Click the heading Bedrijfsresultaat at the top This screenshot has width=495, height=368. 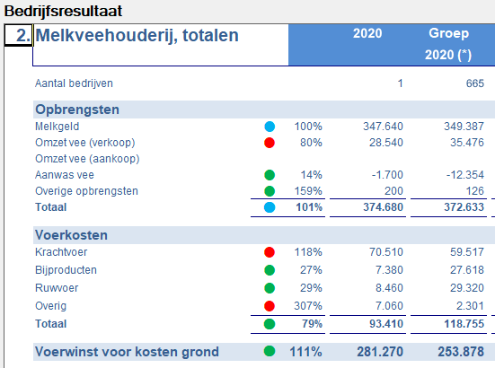click(63, 12)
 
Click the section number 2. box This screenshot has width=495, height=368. click(18, 36)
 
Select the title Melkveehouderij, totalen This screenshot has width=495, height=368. click(137, 36)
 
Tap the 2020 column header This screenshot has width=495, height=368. click(367, 34)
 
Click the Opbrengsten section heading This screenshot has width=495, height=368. click(77, 110)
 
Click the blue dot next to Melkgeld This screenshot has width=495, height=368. click(270, 127)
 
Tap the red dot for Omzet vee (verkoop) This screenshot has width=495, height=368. click(270, 143)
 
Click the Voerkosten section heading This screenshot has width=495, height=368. click(71, 235)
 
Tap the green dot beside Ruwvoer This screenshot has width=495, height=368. click(270, 288)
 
